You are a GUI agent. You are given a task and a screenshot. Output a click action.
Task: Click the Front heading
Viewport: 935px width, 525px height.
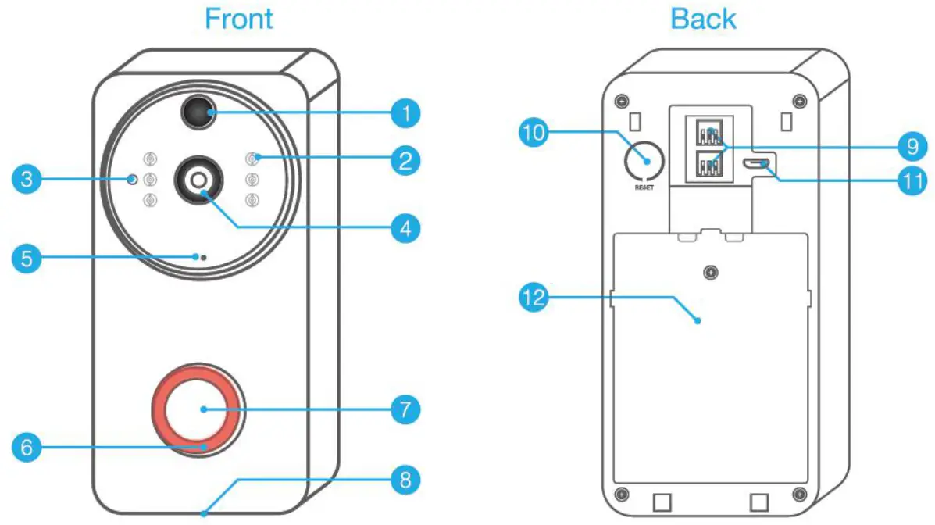(239, 18)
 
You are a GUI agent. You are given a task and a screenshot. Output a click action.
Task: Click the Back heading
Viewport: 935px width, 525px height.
(703, 18)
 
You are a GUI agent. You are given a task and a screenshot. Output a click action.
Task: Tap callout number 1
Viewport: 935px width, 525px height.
(405, 114)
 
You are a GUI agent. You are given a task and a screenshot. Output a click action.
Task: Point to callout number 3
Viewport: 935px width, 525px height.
(27, 180)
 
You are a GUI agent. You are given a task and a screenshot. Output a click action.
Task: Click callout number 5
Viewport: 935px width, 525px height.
(27, 259)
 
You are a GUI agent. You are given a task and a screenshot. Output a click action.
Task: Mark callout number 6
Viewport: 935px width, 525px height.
(27, 448)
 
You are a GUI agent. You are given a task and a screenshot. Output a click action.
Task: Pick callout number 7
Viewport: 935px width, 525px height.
(405, 409)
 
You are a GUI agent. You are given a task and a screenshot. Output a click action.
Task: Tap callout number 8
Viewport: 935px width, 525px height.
(405, 478)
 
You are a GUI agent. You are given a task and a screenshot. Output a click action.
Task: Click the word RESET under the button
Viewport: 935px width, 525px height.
(645, 188)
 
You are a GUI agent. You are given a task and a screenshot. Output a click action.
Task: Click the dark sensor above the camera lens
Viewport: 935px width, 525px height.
(199, 114)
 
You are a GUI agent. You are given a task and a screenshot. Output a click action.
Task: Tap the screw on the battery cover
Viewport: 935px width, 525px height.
(710, 273)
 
